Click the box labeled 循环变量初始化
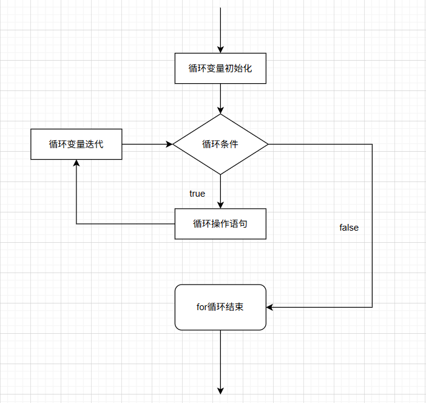pos(220,69)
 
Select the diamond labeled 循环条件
pos(220,144)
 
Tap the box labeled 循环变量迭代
pos(76,144)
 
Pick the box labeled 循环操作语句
pos(220,224)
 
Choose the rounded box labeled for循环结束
pos(220,307)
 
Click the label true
pos(197,194)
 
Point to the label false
pos(349,228)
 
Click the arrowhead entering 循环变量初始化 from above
pos(220,50)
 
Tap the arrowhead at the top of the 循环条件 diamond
pos(220,110)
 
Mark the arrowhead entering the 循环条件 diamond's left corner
pos(169,144)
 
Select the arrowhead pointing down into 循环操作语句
pos(220,205)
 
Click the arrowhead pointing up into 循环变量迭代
pos(76,163)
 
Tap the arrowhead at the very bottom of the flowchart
pos(220,390)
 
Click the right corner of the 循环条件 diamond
pos(268,144)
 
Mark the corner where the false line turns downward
pos(372,144)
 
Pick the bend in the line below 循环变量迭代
pos(76,224)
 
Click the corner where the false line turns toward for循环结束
pos(372,307)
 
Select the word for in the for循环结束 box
pos(201,307)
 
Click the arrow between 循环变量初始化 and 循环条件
pos(220,97)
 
